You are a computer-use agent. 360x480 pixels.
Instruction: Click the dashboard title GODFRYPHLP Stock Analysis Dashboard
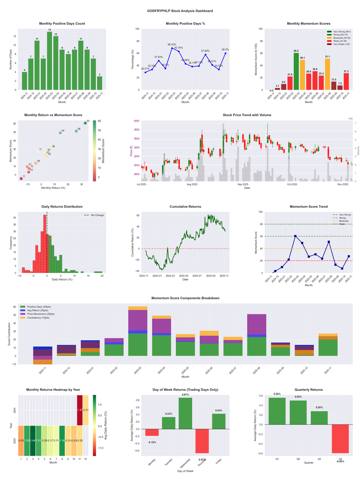coord(180,10)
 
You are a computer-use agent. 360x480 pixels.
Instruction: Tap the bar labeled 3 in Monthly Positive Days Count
coord(99,83)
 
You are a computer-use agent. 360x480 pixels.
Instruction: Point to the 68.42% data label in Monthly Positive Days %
coord(172,45)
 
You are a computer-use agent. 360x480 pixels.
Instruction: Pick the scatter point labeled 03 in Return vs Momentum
coord(85,123)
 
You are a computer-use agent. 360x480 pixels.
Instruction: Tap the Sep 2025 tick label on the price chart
coord(243,184)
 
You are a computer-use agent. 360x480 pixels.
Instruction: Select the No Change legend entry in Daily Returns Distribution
coord(96,215)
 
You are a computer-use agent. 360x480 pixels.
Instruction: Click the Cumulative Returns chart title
coord(185,206)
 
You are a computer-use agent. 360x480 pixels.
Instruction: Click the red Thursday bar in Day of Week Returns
coord(202,441)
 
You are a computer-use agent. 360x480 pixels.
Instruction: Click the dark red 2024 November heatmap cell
coord(80,410)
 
